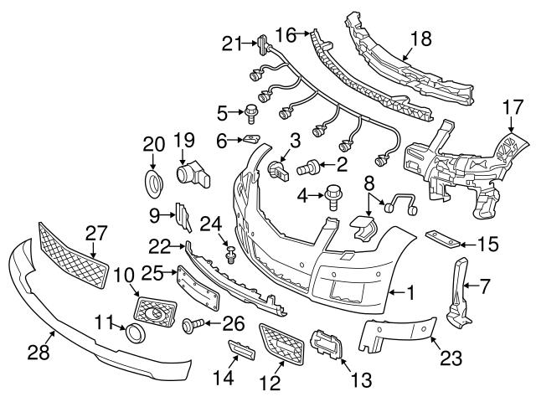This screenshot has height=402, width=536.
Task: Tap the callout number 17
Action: (x=513, y=106)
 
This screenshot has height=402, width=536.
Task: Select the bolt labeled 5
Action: (x=250, y=111)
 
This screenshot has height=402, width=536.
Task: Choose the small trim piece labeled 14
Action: (x=240, y=348)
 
